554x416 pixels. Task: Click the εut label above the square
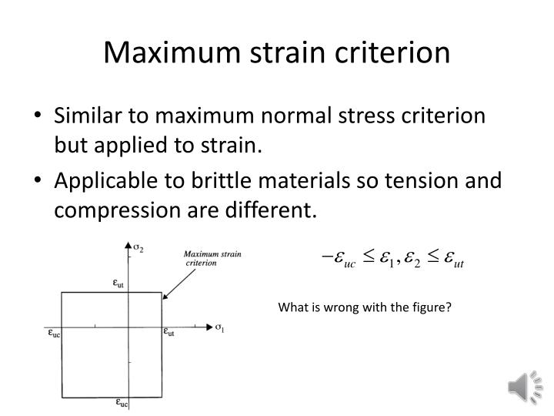click(119, 283)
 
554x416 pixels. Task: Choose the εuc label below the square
click(122, 401)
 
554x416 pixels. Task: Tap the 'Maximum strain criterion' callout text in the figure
click(211, 257)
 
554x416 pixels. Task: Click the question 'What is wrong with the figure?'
click(365, 307)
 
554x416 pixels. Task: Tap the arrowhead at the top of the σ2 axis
click(126, 244)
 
